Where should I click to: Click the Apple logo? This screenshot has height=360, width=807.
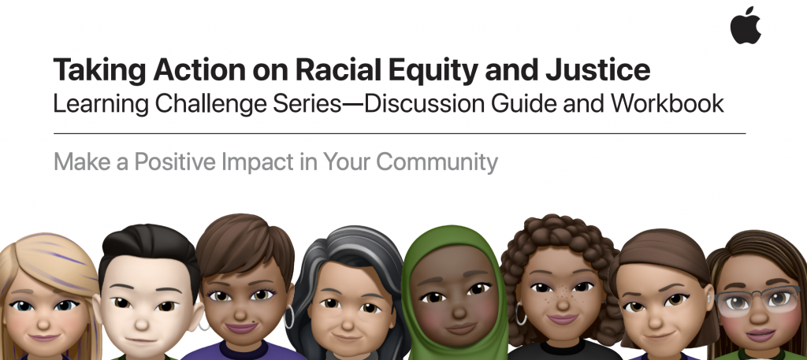click(746, 26)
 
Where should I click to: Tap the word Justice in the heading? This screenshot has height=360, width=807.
click(598, 70)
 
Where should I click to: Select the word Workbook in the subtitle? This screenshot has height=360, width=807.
click(668, 103)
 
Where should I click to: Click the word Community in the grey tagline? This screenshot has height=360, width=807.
click(437, 162)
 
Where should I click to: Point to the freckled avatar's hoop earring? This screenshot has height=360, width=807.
click(521, 314)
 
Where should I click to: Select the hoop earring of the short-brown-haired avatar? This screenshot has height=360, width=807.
click(290, 317)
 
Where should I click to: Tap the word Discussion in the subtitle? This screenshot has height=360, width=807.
click(425, 103)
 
